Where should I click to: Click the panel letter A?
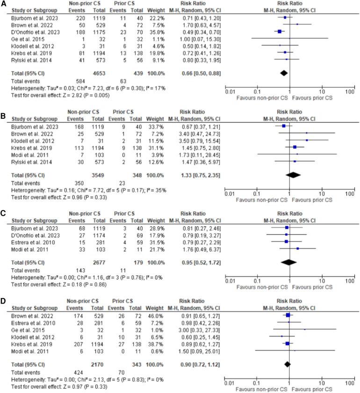(4, 4)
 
